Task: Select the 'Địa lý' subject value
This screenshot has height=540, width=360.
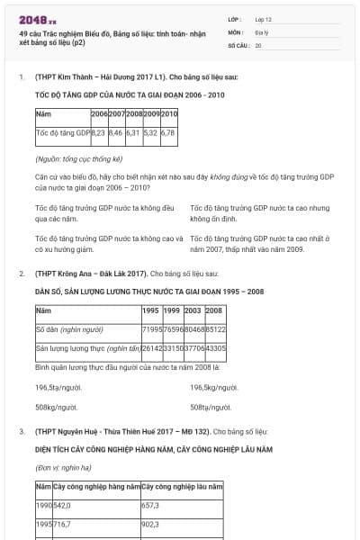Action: tap(262, 31)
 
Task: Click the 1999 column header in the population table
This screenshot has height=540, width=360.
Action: tap(172, 310)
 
